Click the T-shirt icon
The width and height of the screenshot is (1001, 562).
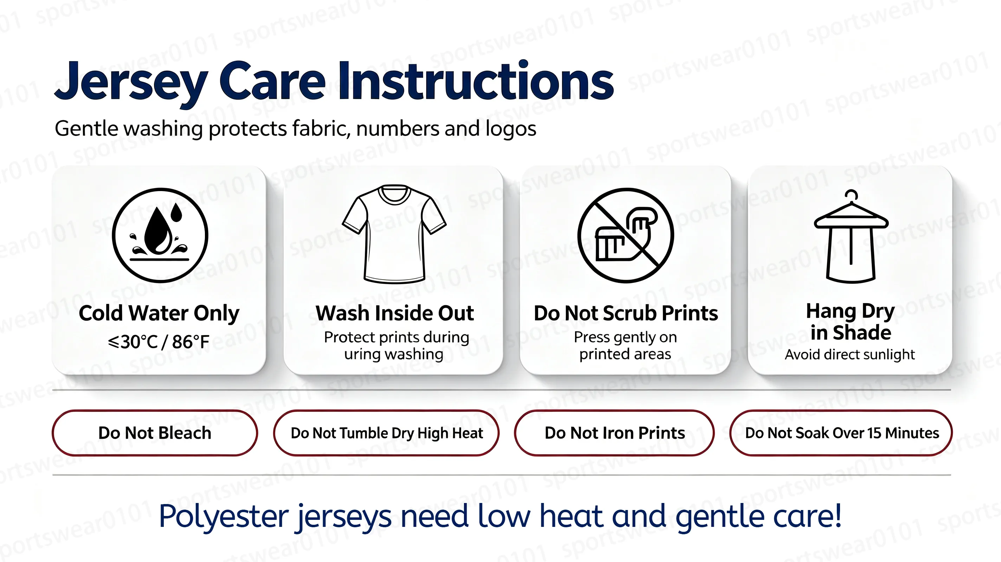(x=394, y=234)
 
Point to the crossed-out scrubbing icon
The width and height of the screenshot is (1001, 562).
(x=625, y=235)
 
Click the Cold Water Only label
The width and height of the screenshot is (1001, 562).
(x=159, y=313)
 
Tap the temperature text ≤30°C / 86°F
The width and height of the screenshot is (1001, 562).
(x=159, y=342)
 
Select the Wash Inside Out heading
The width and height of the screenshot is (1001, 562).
(x=394, y=313)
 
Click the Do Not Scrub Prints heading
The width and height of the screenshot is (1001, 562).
(x=626, y=313)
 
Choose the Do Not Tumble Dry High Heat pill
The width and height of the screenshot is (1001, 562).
(x=386, y=433)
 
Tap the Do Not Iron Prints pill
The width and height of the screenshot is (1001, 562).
(x=614, y=433)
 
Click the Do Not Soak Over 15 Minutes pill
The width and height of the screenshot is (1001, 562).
(x=841, y=433)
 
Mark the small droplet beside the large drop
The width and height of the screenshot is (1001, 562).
(x=176, y=213)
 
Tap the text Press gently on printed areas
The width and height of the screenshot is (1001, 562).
(x=625, y=345)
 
